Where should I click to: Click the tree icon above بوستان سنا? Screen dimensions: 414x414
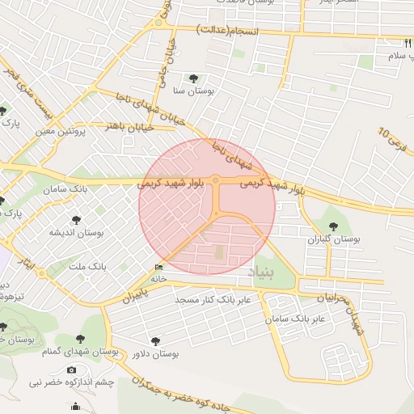point(192,78)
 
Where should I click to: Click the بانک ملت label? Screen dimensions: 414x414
point(87,265)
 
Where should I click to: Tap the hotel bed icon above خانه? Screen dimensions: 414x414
point(158,267)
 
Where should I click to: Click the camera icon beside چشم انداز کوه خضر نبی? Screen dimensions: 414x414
point(72,370)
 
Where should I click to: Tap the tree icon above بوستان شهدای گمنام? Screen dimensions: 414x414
point(80,340)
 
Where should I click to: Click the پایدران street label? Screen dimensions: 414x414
point(137,292)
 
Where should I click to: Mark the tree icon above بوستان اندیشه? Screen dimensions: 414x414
point(75,219)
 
